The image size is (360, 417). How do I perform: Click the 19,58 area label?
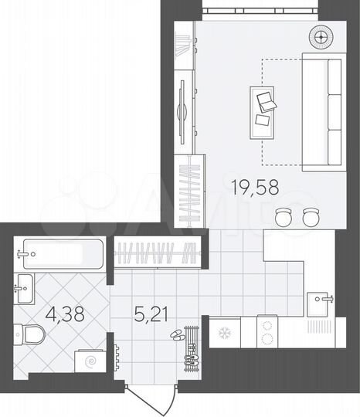coord(254,185)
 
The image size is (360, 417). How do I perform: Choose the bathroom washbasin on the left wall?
coord(23,289)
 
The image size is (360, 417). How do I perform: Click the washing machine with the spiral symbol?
coord(89,361)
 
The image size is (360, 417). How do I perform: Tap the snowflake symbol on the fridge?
coord(226,334)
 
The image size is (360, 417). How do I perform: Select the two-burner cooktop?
coord(267,333)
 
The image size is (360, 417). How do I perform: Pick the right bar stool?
coord(311,217)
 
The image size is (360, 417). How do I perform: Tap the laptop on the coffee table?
coord(265,100)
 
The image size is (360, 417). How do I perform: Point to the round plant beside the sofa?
coord(320,36)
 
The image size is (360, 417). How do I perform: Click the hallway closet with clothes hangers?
coord(160,253)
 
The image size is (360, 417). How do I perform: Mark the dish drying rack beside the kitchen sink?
coord(318,326)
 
